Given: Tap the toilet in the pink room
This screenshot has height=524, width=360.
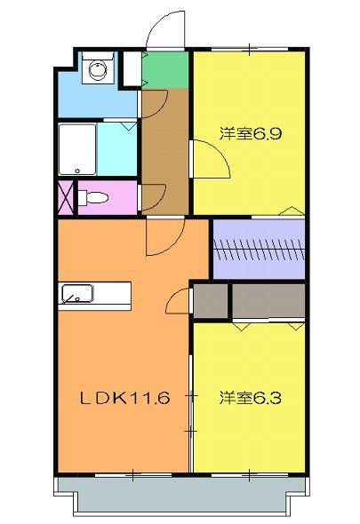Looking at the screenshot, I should point(92,196).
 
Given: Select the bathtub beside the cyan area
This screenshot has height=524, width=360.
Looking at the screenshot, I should point(76,149).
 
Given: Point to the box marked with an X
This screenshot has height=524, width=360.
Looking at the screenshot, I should point(66,195).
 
